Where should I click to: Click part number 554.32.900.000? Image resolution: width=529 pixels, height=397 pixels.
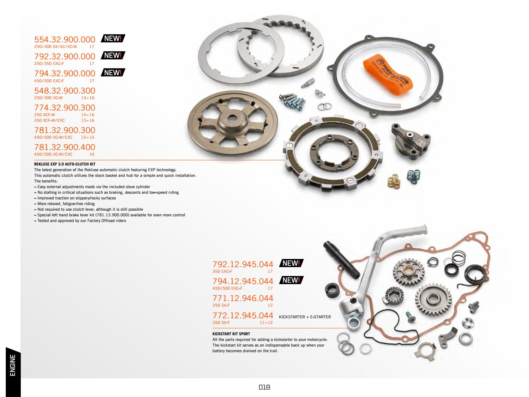click(x=65, y=39)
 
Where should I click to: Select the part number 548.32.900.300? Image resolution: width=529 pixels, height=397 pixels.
click(x=65, y=91)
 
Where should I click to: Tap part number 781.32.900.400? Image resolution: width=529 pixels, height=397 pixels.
click(x=65, y=147)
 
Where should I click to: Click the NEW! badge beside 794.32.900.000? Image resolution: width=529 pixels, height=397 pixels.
click(x=113, y=73)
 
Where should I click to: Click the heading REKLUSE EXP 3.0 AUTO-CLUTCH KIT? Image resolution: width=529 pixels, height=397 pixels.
click(x=65, y=164)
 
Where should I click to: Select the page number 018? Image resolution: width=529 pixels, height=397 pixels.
click(x=264, y=387)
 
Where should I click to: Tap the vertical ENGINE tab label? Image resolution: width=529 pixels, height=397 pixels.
click(x=13, y=365)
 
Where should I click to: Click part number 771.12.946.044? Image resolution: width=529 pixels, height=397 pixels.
click(x=243, y=298)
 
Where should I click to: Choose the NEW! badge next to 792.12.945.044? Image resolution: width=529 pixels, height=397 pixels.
click(x=291, y=263)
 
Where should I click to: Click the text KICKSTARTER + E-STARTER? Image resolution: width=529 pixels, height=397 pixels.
click(x=305, y=317)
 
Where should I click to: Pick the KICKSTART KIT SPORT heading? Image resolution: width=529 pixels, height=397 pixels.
click(x=231, y=334)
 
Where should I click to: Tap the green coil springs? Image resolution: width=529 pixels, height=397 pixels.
click(x=411, y=175)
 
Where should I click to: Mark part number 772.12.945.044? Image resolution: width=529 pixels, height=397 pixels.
click(x=243, y=315)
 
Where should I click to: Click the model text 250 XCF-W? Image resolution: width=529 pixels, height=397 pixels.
click(x=44, y=115)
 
